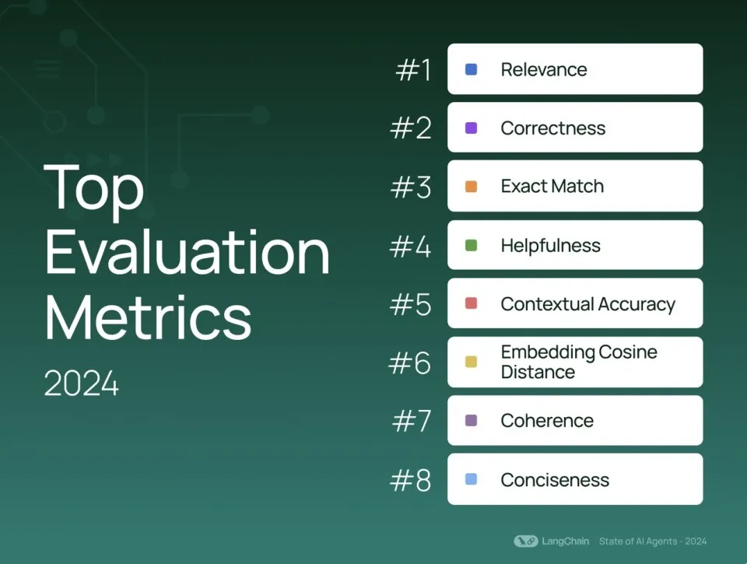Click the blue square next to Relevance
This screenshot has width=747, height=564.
[471, 69]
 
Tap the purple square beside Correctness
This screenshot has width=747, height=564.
[471, 128]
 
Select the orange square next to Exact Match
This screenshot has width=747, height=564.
[471, 186]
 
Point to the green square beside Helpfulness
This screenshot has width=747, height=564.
[471, 245]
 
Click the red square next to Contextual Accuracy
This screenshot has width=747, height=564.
[471, 303]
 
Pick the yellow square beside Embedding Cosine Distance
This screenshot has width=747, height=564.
[471, 362]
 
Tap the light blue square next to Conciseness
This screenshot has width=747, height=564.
[471, 479]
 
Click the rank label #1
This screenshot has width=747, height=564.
[413, 70]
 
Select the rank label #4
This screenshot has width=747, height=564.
[410, 247]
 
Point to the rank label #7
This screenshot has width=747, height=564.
[412, 421]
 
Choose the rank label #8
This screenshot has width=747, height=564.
[410, 480]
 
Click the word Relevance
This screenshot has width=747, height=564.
[544, 69]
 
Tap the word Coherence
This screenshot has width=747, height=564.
[547, 421]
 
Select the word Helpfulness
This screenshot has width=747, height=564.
[550, 245]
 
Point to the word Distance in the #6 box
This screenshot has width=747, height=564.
[538, 372]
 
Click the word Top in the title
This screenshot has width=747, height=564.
[94, 188]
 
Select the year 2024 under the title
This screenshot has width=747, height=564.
[81, 384]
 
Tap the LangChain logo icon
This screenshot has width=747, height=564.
[526, 541]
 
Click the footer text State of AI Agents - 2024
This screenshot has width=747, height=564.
[653, 541]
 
